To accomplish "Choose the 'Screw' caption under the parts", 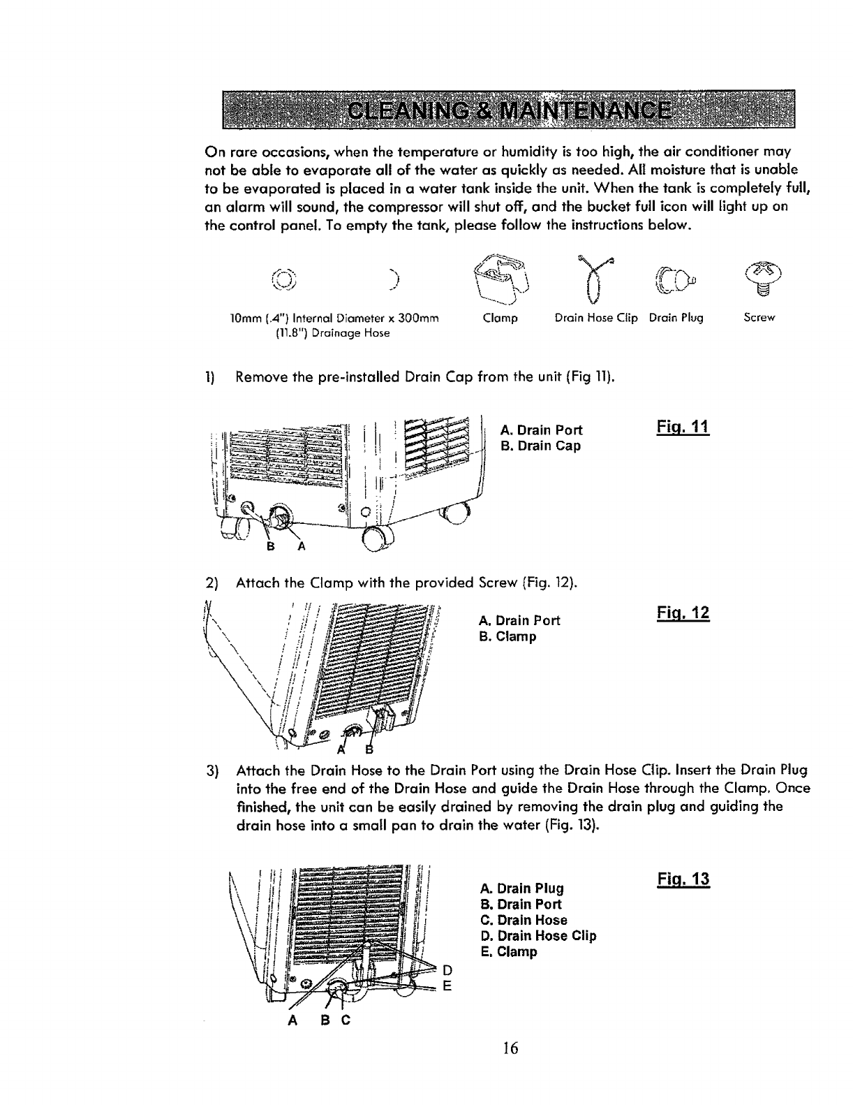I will [x=759, y=318].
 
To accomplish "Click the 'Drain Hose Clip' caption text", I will [x=596, y=318].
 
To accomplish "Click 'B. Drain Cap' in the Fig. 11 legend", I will [x=541, y=446].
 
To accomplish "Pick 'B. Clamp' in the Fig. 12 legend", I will [x=507, y=636].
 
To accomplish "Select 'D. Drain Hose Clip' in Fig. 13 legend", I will [x=539, y=936].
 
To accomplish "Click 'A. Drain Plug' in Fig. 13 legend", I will [x=522, y=889].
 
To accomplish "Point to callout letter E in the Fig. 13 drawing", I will [x=449, y=986].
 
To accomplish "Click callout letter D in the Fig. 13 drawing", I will [x=448, y=970].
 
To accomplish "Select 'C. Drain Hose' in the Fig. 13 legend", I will [x=524, y=921].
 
